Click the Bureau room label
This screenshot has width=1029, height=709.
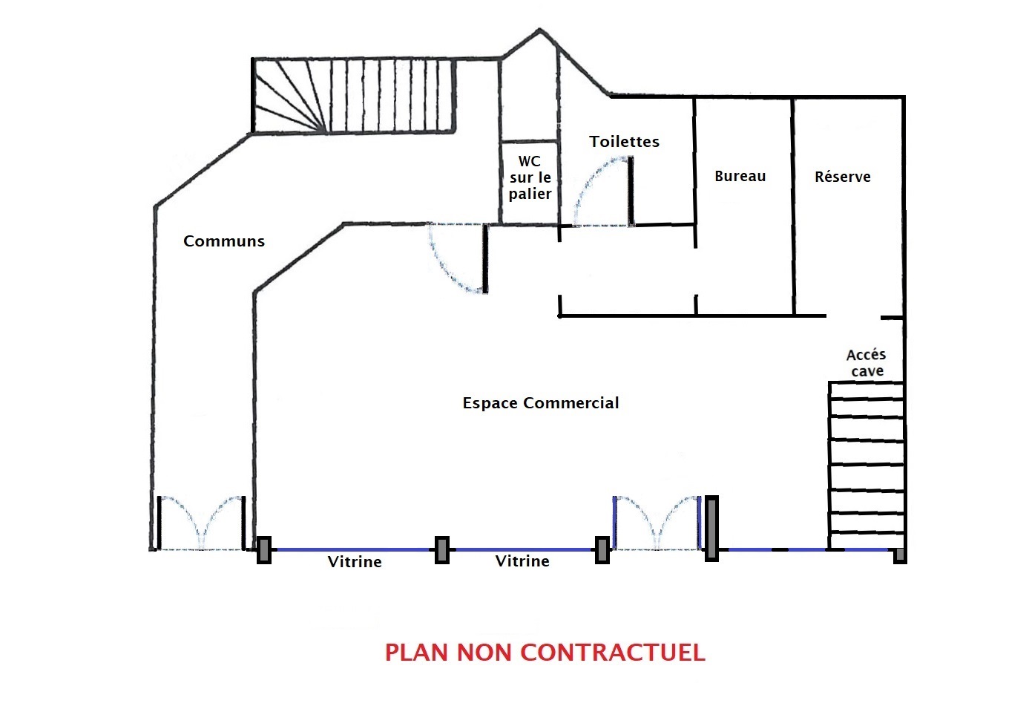(x=740, y=177)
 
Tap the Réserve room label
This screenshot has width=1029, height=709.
(x=842, y=177)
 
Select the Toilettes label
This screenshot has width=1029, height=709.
(x=624, y=142)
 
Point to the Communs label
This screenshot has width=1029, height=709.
(x=224, y=241)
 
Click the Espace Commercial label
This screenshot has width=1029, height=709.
(x=540, y=403)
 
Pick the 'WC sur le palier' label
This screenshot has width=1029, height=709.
(x=530, y=178)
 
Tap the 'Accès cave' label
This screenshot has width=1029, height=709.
(x=867, y=363)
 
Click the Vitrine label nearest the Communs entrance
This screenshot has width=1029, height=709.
(x=355, y=562)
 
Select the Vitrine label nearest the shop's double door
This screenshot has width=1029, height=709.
(x=522, y=561)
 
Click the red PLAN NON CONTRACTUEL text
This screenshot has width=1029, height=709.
(x=545, y=653)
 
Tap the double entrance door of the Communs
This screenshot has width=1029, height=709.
(x=200, y=523)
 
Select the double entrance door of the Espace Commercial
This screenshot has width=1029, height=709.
(x=656, y=523)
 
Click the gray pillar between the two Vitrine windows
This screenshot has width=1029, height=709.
(x=441, y=550)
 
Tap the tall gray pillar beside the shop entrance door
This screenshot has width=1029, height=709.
(x=711, y=528)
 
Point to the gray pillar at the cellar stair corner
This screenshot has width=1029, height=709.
(x=899, y=555)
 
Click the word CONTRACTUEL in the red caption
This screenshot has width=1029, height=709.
(x=612, y=653)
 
